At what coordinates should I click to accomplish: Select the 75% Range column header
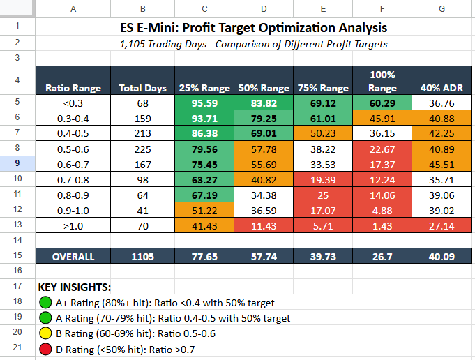click(324, 89)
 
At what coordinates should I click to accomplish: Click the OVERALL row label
click(73, 256)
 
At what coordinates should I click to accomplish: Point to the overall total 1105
click(142, 256)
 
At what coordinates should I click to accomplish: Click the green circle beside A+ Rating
click(45, 302)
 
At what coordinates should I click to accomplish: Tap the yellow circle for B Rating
click(45, 333)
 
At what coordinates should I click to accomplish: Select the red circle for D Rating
click(45, 348)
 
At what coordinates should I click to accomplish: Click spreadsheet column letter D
click(264, 9)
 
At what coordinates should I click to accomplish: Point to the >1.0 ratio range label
click(73, 225)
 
